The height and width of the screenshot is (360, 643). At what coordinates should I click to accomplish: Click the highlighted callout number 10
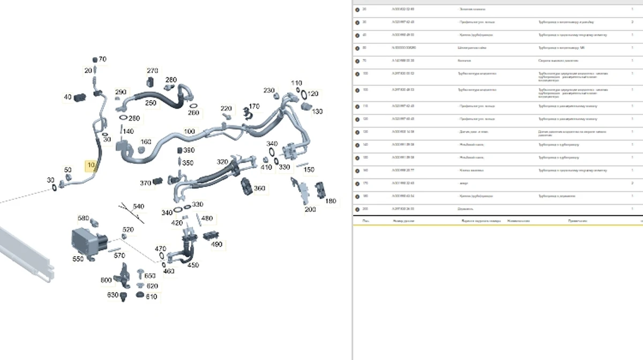pyautogui.click(x=91, y=164)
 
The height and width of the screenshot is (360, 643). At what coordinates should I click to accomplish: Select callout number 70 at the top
pyautogui.click(x=102, y=59)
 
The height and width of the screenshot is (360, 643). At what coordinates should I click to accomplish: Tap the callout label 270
pyautogui.click(x=152, y=71)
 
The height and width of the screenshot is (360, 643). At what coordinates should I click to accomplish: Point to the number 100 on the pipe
pyautogui.click(x=190, y=131)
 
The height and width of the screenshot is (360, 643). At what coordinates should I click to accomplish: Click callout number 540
pyautogui.click(x=138, y=206)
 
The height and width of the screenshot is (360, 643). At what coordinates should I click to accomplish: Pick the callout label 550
pyautogui.click(x=78, y=259)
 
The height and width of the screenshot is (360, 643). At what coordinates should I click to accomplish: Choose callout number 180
pyautogui.click(x=331, y=201)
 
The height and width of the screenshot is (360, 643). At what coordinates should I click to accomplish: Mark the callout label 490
pyautogui.click(x=216, y=244)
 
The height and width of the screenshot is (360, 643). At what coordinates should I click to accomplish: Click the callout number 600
pyautogui.click(x=106, y=280)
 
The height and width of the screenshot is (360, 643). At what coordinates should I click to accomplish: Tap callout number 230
pyautogui.click(x=268, y=91)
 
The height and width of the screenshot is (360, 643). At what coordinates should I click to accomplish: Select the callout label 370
pyautogui.click(x=145, y=183)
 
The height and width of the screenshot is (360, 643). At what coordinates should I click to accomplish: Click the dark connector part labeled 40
pyautogui.click(x=80, y=97)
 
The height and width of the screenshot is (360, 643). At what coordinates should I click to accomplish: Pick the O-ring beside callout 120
pyautogui.click(x=303, y=95)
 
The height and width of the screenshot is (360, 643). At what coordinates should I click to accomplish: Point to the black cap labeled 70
pyautogui.click(x=95, y=59)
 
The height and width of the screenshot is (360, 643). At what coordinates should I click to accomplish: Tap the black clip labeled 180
pyautogui.click(x=320, y=190)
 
